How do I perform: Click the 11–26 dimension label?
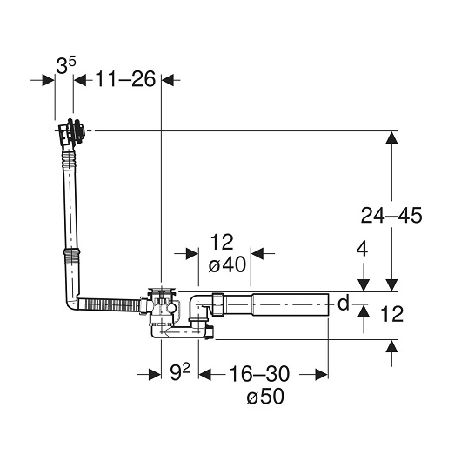125,79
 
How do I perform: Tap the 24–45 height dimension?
391,215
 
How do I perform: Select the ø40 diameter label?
227,264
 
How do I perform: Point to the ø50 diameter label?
265,396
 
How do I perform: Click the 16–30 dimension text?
259,374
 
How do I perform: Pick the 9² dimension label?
180,372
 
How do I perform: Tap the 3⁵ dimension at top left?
66,65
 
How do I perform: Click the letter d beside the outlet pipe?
343,303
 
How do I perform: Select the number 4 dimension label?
362,250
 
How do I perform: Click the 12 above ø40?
222,242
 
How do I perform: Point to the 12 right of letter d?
392,314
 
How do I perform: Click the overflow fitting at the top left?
71,132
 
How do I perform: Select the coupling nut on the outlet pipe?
217,304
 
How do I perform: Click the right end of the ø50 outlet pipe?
328,304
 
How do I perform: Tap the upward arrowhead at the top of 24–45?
391,137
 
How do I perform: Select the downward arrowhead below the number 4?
364,284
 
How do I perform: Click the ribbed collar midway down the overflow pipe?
71,252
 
